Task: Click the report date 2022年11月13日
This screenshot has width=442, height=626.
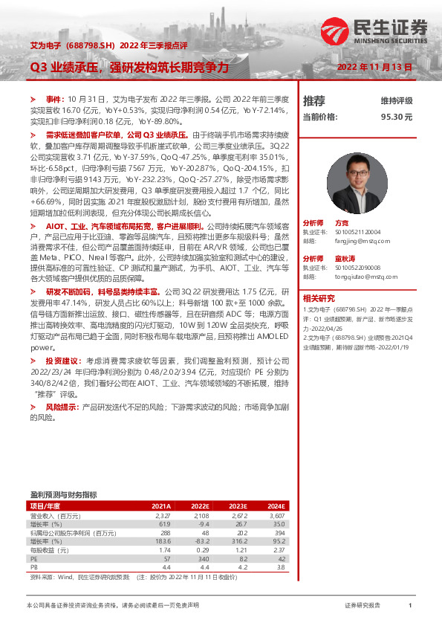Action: click(374, 67)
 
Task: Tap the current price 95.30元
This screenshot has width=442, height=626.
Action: click(396, 117)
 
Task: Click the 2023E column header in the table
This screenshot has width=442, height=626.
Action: click(237, 506)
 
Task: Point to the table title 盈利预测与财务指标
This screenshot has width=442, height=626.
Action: click(63, 494)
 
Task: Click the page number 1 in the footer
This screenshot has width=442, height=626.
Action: click(410, 606)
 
